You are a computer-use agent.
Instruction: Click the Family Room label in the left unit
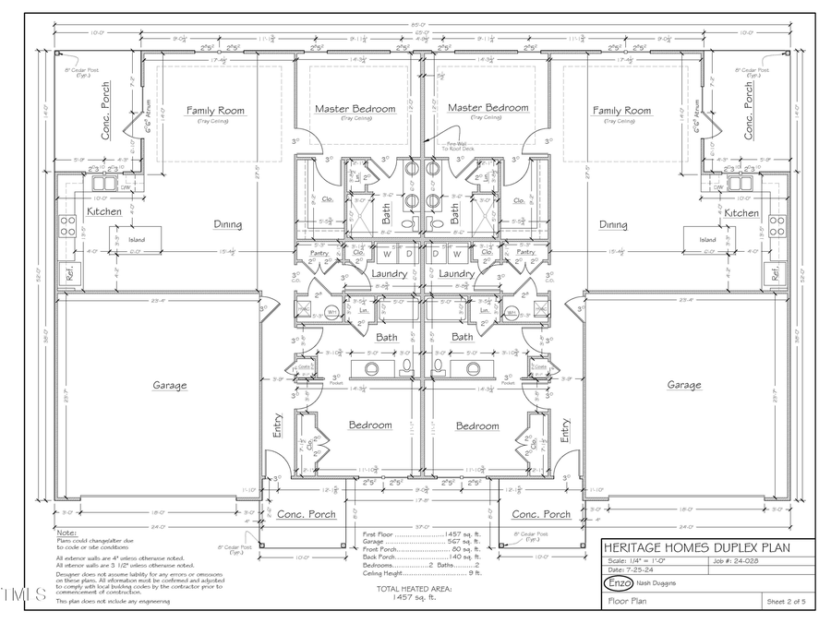click(215, 111)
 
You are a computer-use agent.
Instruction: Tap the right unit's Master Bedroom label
click(488, 108)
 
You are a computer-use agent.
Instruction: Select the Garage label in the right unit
click(684, 385)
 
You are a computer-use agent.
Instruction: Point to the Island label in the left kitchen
click(137, 240)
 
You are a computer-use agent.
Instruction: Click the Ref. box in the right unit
click(776, 273)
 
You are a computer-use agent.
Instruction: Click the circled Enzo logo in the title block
click(618, 583)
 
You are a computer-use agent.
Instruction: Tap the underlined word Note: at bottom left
click(66, 533)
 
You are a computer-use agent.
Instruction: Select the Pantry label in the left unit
click(320, 252)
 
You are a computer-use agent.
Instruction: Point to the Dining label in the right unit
click(613, 224)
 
